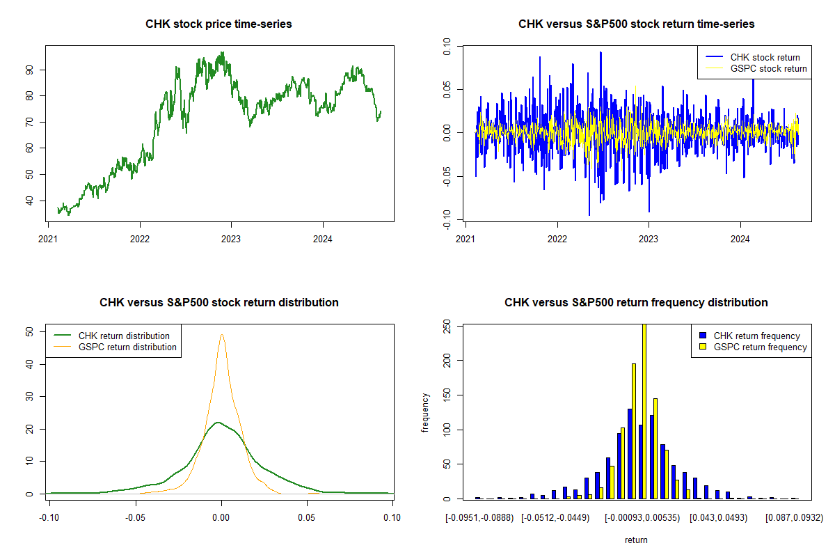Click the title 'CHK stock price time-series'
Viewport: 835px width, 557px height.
pyautogui.click(x=218, y=24)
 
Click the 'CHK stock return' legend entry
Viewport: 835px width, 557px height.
pyautogui.click(x=765, y=57)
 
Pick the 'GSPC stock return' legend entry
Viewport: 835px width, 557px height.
pyautogui.click(x=768, y=68)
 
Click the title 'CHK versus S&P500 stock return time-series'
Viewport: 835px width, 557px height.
pyautogui.click(x=636, y=24)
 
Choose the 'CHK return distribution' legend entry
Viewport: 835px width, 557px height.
pyautogui.click(x=124, y=336)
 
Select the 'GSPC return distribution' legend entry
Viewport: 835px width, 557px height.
pyautogui.click(x=127, y=347)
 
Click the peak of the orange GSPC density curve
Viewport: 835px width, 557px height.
pyautogui.click(x=222, y=334)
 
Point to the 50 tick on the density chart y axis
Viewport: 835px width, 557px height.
pyautogui.click(x=29, y=332)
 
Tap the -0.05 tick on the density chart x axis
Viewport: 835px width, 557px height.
pyautogui.click(x=134, y=517)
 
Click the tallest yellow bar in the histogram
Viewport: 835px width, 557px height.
pyautogui.click(x=644, y=411)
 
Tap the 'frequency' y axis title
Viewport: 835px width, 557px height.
pyautogui.click(x=425, y=411)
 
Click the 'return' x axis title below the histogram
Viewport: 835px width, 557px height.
pyautogui.click(x=636, y=540)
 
